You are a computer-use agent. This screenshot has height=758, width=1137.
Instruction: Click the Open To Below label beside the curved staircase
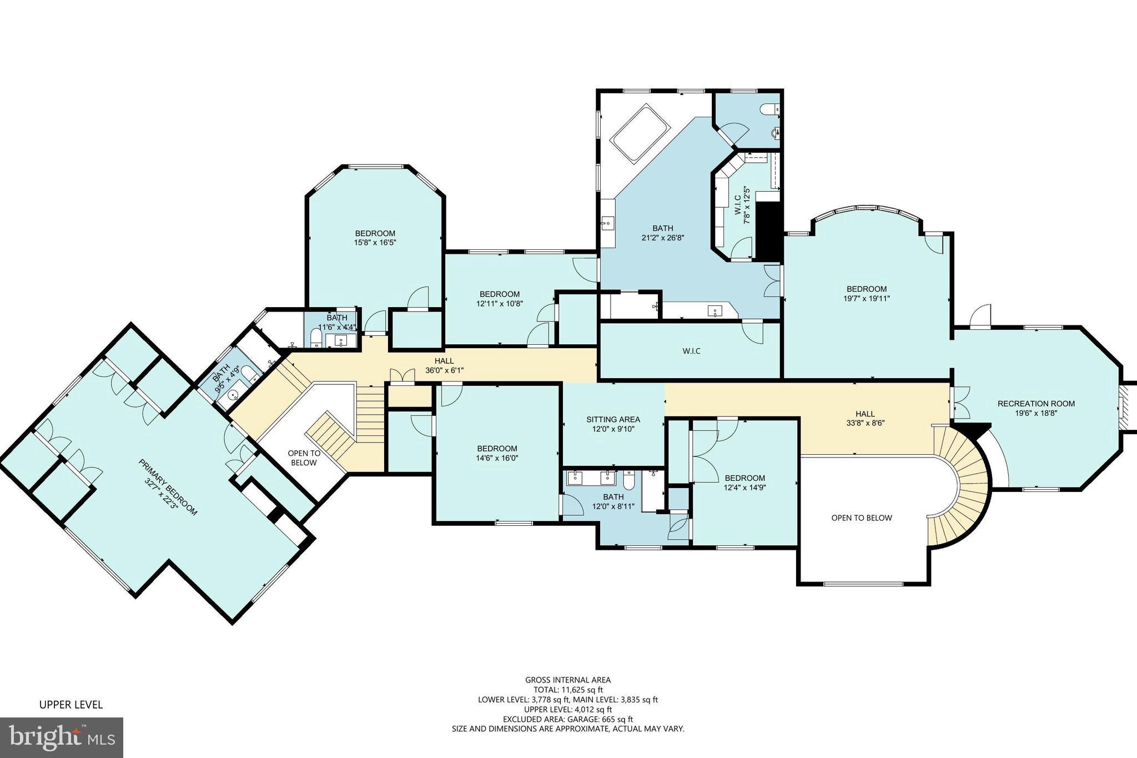click(x=861, y=518)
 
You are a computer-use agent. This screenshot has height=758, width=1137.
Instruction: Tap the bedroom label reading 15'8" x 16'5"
click(x=375, y=238)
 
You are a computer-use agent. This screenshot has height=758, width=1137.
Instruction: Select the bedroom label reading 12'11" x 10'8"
click(x=500, y=299)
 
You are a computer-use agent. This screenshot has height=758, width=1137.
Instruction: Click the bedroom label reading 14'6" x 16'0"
click(x=497, y=453)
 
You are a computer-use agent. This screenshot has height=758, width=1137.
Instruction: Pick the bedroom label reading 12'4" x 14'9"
click(x=744, y=483)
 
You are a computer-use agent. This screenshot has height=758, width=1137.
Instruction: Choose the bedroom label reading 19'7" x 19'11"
click(x=866, y=293)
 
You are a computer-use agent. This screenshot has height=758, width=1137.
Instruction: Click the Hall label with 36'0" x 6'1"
click(x=444, y=365)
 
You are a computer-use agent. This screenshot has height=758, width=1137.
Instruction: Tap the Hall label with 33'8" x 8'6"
click(x=865, y=418)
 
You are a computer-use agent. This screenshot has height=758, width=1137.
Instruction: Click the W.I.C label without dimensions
click(x=691, y=351)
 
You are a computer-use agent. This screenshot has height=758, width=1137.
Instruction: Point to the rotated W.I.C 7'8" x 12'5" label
click(x=742, y=205)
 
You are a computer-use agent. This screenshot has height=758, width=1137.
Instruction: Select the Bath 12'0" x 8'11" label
click(x=613, y=501)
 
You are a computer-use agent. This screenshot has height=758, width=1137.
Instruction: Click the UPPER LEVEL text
click(x=71, y=705)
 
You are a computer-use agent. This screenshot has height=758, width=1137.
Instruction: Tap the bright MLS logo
click(x=62, y=738)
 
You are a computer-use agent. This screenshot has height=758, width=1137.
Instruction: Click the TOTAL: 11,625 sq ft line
click(x=568, y=690)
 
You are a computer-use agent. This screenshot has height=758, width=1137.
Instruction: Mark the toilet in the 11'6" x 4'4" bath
click(x=315, y=338)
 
